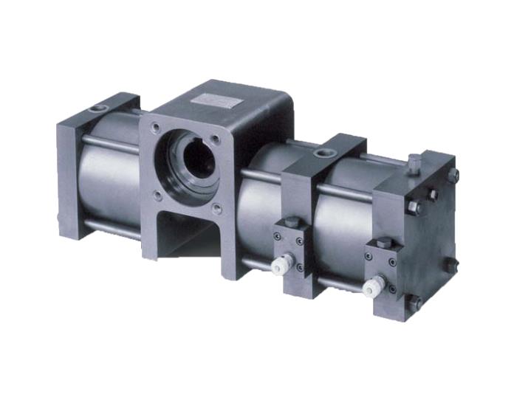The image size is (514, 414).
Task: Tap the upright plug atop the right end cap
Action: point(414,163)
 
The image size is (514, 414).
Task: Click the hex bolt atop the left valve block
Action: point(292,222)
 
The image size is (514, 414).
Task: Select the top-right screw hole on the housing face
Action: point(215,138)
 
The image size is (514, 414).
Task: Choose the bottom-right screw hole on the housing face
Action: point(216,209)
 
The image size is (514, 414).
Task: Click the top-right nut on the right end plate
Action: point(453,176)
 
